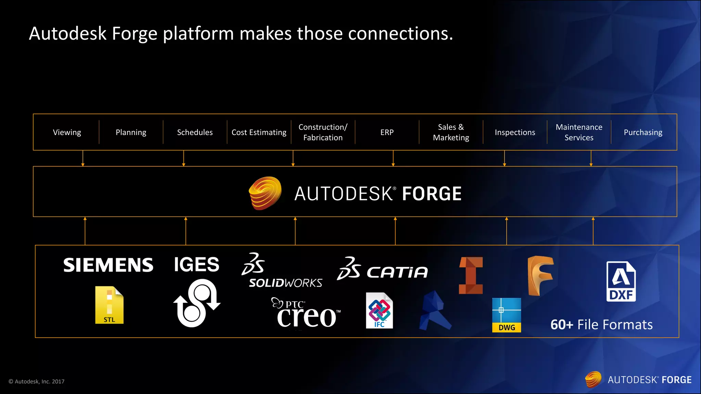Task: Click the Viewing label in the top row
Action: pyautogui.click(x=67, y=132)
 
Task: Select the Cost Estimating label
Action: pyautogui.click(x=259, y=132)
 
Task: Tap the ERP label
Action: pyautogui.click(x=387, y=132)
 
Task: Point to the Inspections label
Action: pyautogui.click(x=515, y=132)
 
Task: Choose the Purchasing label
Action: pyautogui.click(x=643, y=132)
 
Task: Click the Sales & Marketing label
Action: pyautogui.click(x=451, y=132)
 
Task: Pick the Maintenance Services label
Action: pyautogui.click(x=579, y=132)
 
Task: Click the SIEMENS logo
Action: pyautogui.click(x=108, y=265)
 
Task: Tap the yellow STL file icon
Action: pyautogui.click(x=109, y=305)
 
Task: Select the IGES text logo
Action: pyautogui.click(x=196, y=264)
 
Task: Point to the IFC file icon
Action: pyautogui.click(x=379, y=311)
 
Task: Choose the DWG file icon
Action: pyautogui.click(x=507, y=315)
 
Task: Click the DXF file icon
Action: pyautogui.click(x=621, y=281)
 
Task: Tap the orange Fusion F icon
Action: pyautogui.click(x=540, y=276)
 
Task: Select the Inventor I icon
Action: pyautogui.click(x=471, y=275)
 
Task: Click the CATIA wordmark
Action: pyautogui.click(x=397, y=272)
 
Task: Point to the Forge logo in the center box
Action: pyautogui.click(x=265, y=193)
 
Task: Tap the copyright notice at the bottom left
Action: pyautogui.click(x=37, y=381)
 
